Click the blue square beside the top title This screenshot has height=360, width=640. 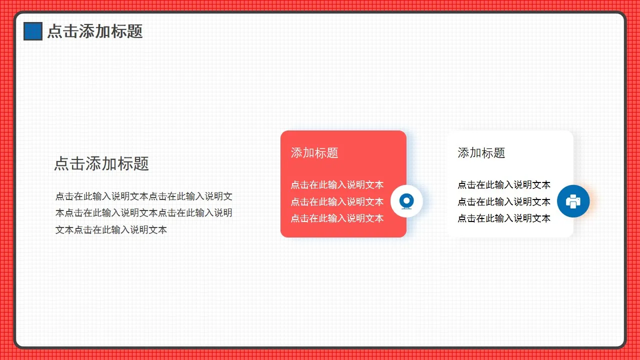tap(33, 31)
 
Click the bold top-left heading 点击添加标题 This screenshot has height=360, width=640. tap(95, 31)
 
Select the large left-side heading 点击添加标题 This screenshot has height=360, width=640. tap(101, 163)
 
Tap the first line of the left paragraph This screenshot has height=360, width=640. tap(144, 196)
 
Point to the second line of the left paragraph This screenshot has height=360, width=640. tap(144, 213)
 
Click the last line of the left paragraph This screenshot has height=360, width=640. tap(111, 230)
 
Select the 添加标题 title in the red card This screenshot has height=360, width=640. tap(314, 153)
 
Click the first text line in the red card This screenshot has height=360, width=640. tap(337, 185)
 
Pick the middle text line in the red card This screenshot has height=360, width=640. tap(337, 202)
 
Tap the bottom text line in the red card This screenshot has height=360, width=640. tap(337, 218)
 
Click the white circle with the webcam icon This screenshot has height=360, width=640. tap(406, 201)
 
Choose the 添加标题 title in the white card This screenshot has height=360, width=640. tap(481, 153)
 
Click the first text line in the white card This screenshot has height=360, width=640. tap(504, 185)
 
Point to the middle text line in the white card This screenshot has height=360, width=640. tap(504, 202)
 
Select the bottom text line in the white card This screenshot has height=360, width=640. tap(504, 218)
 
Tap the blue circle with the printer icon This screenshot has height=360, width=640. tap(573, 201)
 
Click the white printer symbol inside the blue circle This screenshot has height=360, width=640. tap(573, 201)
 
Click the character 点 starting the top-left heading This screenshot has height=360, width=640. tap(54, 31)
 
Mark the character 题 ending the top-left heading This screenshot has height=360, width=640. tap(135, 31)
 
